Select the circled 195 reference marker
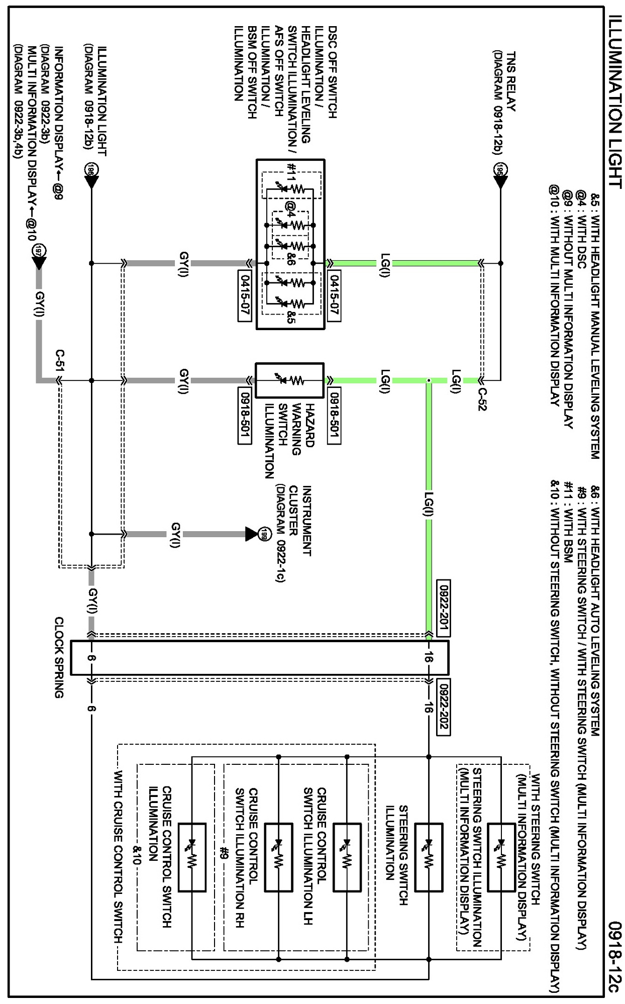tap(500, 169)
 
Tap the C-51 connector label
tap(60, 361)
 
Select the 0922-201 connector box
tap(444, 608)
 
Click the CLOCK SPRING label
tap(59, 657)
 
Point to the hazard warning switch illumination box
tap(290, 380)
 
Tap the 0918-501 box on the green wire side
tap(334, 415)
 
